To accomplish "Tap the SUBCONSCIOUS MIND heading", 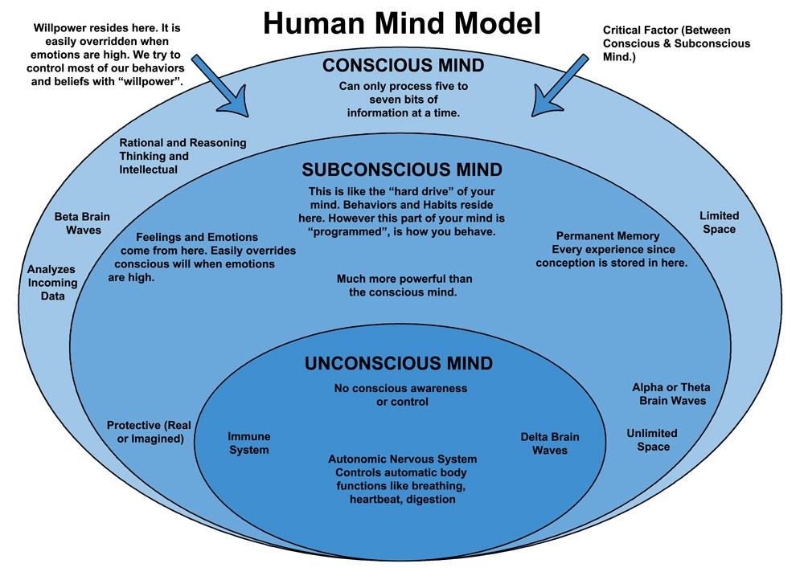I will click(402, 170).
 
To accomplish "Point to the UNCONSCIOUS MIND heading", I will click(399, 363).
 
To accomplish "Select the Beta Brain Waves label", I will click(82, 223).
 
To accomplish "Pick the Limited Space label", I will click(719, 223).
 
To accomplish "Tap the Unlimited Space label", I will click(652, 439).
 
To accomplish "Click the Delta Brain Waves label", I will click(550, 443).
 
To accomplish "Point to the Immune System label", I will click(249, 443).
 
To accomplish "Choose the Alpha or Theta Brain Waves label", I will click(671, 394).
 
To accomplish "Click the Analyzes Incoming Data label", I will click(53, 283).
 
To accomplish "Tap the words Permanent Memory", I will click(608, 236).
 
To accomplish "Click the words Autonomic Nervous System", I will click(402, 459).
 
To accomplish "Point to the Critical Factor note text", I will click(676, 43).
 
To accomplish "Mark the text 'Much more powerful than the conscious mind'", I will click(404, 285).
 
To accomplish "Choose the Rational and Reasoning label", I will click(183, 143).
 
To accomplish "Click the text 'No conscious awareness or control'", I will click(400, 394).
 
